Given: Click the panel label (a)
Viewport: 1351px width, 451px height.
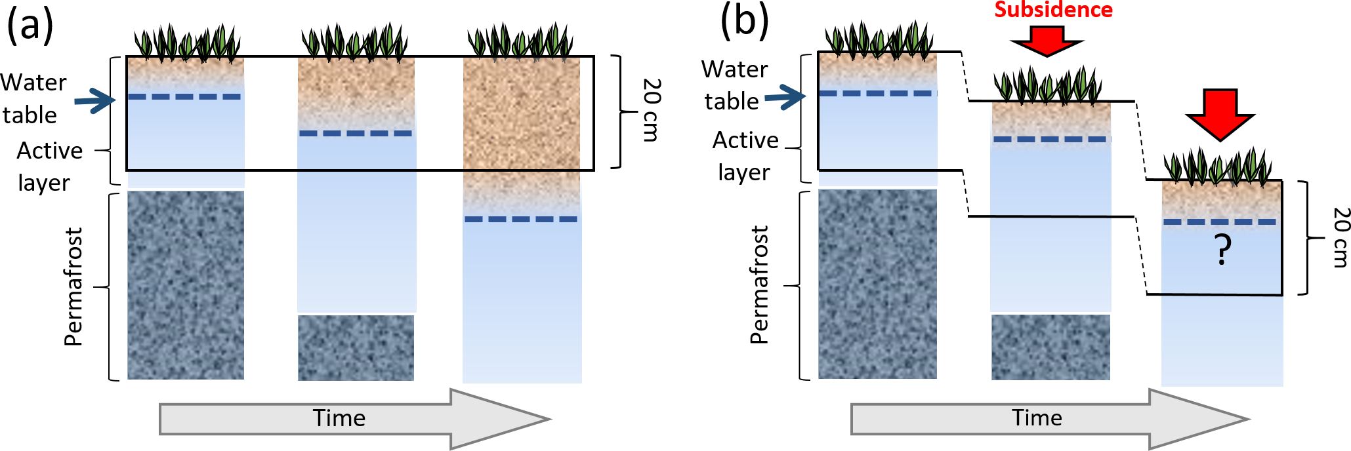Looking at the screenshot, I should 30,26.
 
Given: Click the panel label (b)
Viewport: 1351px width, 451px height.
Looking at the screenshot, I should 744,21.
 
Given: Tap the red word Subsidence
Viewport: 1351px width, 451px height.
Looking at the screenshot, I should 1053,10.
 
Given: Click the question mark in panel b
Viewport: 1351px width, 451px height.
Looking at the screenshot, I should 1222,250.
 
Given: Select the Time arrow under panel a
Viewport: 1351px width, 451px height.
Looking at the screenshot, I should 354,419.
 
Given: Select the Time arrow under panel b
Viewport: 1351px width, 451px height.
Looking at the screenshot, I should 1050,419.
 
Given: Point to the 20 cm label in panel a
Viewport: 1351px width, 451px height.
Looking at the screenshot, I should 652,110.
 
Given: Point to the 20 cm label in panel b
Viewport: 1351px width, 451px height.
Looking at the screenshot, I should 1341,237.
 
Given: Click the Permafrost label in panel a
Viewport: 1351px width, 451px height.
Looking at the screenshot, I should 73,286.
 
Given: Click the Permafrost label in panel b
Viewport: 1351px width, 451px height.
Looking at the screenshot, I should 759,284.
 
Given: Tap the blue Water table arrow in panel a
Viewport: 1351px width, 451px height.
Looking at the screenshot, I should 94,101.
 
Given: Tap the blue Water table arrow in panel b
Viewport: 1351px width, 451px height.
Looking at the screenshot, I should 785,98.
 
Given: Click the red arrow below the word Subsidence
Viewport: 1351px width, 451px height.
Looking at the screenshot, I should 1047,41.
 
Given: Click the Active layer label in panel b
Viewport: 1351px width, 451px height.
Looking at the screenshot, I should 745,156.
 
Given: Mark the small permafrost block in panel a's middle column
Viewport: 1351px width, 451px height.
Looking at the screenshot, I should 356,347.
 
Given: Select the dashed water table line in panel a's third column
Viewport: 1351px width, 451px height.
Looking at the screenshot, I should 521,219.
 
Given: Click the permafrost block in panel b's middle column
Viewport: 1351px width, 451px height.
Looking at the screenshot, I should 1050,347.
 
